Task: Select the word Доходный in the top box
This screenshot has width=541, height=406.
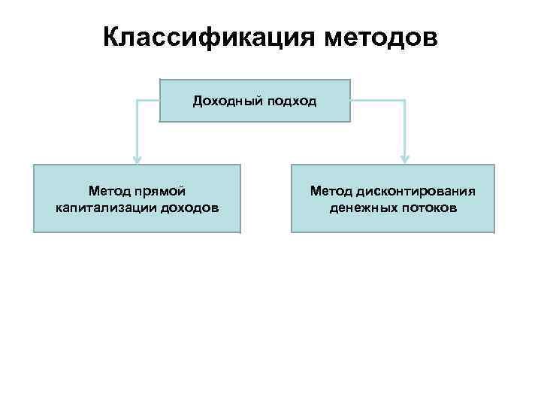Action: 225,100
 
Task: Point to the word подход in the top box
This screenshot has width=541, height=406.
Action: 289,100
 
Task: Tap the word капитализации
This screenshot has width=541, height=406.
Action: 106,207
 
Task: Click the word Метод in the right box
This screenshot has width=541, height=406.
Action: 332,192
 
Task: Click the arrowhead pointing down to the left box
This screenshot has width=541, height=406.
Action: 137,159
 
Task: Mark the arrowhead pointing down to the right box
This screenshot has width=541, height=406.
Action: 404,159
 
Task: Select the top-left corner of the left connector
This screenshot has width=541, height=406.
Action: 137,100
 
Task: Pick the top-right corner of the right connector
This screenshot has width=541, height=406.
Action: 404,100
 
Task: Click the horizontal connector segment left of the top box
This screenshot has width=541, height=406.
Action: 149,100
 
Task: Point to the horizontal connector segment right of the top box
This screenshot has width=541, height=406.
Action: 377,100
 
